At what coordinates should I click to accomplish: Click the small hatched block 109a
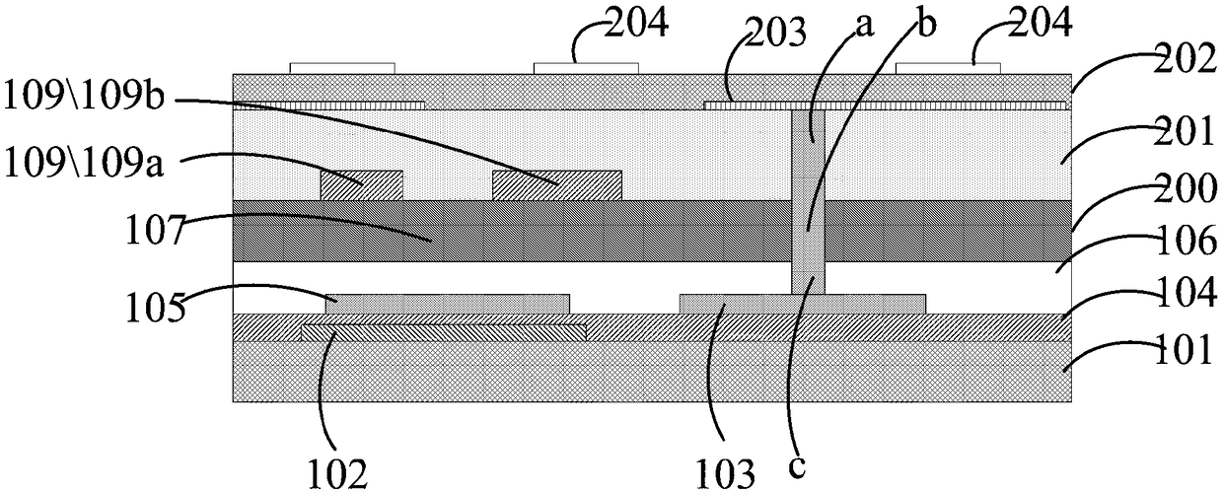[x=361, y=185]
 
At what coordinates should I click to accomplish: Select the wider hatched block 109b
[x=556, y=185]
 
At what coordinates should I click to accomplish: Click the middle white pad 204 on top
[x=585, y=68]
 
